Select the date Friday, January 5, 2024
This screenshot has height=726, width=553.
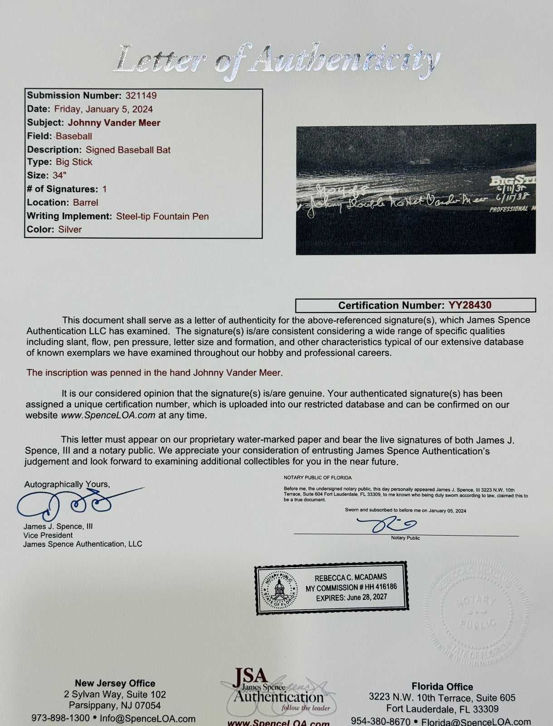tap(103, 109)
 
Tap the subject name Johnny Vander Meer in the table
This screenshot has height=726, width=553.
tap(114, 123)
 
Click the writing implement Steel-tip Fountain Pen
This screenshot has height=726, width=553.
tap(162, 216)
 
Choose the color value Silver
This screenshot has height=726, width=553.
tap(70, 230)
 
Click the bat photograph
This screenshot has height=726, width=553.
tap(416, 189)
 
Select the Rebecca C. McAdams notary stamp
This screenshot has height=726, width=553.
tap(331, 588)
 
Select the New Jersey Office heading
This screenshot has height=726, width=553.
tap(115, 683)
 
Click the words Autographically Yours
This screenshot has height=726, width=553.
tap(67, 484)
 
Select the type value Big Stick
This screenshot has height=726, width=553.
tap(74, 162)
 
